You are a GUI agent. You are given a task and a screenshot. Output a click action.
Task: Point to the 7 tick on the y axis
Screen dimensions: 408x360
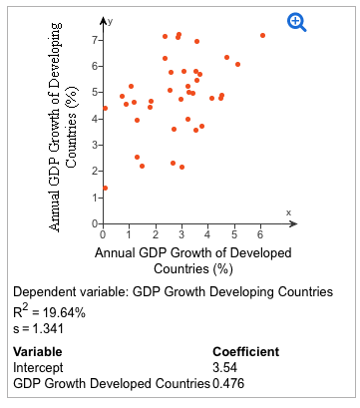tap(93, 40)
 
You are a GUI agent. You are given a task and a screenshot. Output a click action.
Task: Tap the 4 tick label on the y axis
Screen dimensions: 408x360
tap(93, 119)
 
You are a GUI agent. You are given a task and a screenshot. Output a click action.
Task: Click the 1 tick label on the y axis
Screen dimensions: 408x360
tap(93, 198)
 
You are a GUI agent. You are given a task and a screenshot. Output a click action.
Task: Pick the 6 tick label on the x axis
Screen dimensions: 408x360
tap(259, 234)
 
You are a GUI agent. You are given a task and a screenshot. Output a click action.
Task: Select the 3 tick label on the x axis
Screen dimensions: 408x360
tap(180, 234)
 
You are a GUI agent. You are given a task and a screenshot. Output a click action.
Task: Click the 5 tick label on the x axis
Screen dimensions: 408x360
tap(233, 234)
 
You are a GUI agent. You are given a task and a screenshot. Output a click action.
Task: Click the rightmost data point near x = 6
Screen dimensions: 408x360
tap(262, 35)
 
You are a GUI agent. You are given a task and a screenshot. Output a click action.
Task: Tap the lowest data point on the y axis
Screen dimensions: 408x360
tap(105, 188)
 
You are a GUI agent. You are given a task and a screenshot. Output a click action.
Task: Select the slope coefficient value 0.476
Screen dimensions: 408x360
tap(229, 382)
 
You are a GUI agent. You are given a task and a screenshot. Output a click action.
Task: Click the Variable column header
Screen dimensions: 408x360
tap(37, 351)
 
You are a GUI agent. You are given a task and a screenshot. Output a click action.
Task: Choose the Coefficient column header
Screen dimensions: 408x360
tap(246, 351)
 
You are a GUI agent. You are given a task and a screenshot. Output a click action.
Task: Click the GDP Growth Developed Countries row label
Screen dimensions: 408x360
tap(111, 382)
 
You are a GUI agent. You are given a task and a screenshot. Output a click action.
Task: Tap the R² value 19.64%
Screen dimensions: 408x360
tap(62, 312)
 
